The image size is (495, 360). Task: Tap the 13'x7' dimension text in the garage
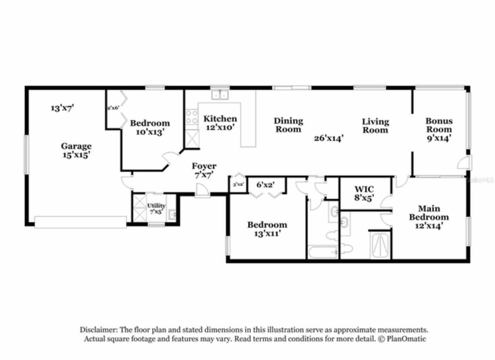click(62, 108)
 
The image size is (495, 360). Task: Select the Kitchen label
click(220, 118)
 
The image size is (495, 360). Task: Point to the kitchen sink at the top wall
click(220, 94)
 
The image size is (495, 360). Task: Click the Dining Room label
click(288, 125)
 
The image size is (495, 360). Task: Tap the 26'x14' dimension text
click(329, 138)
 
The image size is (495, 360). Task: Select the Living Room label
click(375, 126)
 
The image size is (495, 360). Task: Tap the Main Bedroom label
click(429, 217)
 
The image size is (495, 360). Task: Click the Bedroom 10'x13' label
click(149, 127)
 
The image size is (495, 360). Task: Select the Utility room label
click(156, 208)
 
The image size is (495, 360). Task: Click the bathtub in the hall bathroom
click(323, 253)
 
